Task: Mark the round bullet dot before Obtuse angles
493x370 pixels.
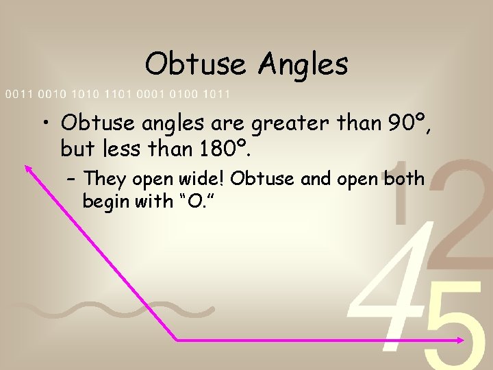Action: point(45,124)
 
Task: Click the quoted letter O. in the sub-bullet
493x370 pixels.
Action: point(202,201)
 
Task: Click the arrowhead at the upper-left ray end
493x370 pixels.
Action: point(29,168)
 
